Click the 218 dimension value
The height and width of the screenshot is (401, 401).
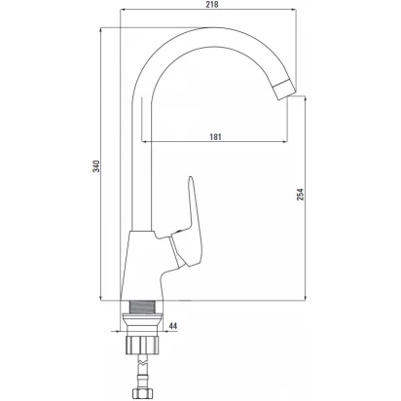pos(212,4)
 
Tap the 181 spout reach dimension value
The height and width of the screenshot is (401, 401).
pos(215,136)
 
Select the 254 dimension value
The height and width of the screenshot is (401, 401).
pos(301,194)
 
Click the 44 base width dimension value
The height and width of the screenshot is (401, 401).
pos(173,326)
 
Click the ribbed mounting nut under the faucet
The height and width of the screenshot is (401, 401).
pos(142,345)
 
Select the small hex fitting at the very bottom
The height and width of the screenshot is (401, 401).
pos(142,393)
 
